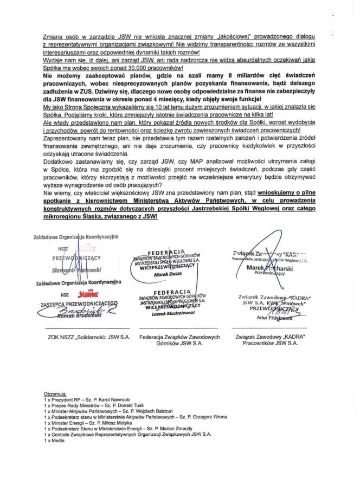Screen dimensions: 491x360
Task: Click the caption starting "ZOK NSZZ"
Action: [x=89, y=337]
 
